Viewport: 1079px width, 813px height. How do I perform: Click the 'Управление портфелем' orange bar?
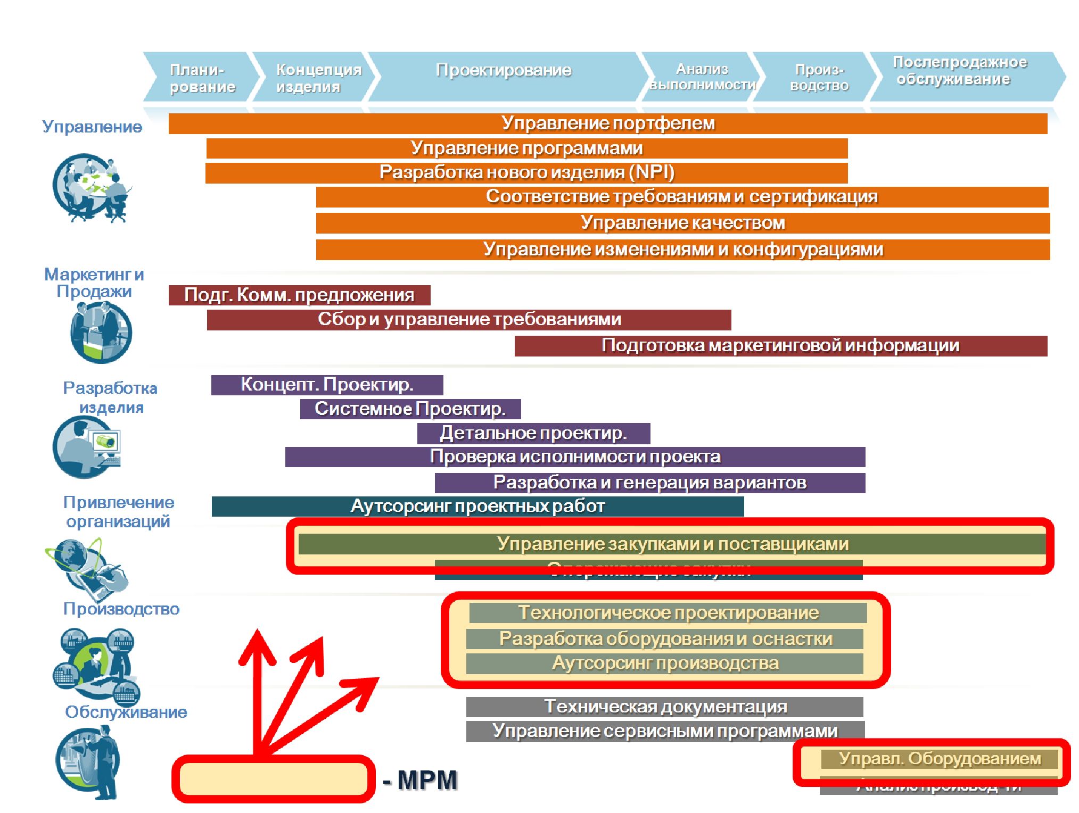(607, 123)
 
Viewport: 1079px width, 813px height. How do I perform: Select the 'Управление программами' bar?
(526, 148)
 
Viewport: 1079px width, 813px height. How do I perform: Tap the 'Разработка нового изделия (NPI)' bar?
(526, 173)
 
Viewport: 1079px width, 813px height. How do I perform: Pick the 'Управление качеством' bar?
(682, 223)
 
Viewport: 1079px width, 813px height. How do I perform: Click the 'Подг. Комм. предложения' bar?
(299, 295)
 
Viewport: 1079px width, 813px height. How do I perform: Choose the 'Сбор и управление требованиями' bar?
(468, 320)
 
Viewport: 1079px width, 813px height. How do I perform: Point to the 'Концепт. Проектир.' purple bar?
(327, 385)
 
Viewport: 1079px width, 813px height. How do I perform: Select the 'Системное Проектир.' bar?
(410, 409)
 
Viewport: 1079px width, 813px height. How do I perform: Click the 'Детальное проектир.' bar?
(533, 433)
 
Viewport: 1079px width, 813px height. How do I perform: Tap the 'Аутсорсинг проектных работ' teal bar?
(477, 507)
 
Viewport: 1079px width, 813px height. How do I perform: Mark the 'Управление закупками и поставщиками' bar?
(672, 544)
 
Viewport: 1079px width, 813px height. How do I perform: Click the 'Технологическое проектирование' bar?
(668, 613)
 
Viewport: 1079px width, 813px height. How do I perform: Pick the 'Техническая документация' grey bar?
(664, 707)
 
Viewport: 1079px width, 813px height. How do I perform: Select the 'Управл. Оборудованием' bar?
(939, 759)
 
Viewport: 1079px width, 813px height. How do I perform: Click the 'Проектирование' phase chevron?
(504, 71)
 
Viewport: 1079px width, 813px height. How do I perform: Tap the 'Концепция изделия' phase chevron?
(318, 78)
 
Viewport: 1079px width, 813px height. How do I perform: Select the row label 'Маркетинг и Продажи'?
(94, 283)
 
